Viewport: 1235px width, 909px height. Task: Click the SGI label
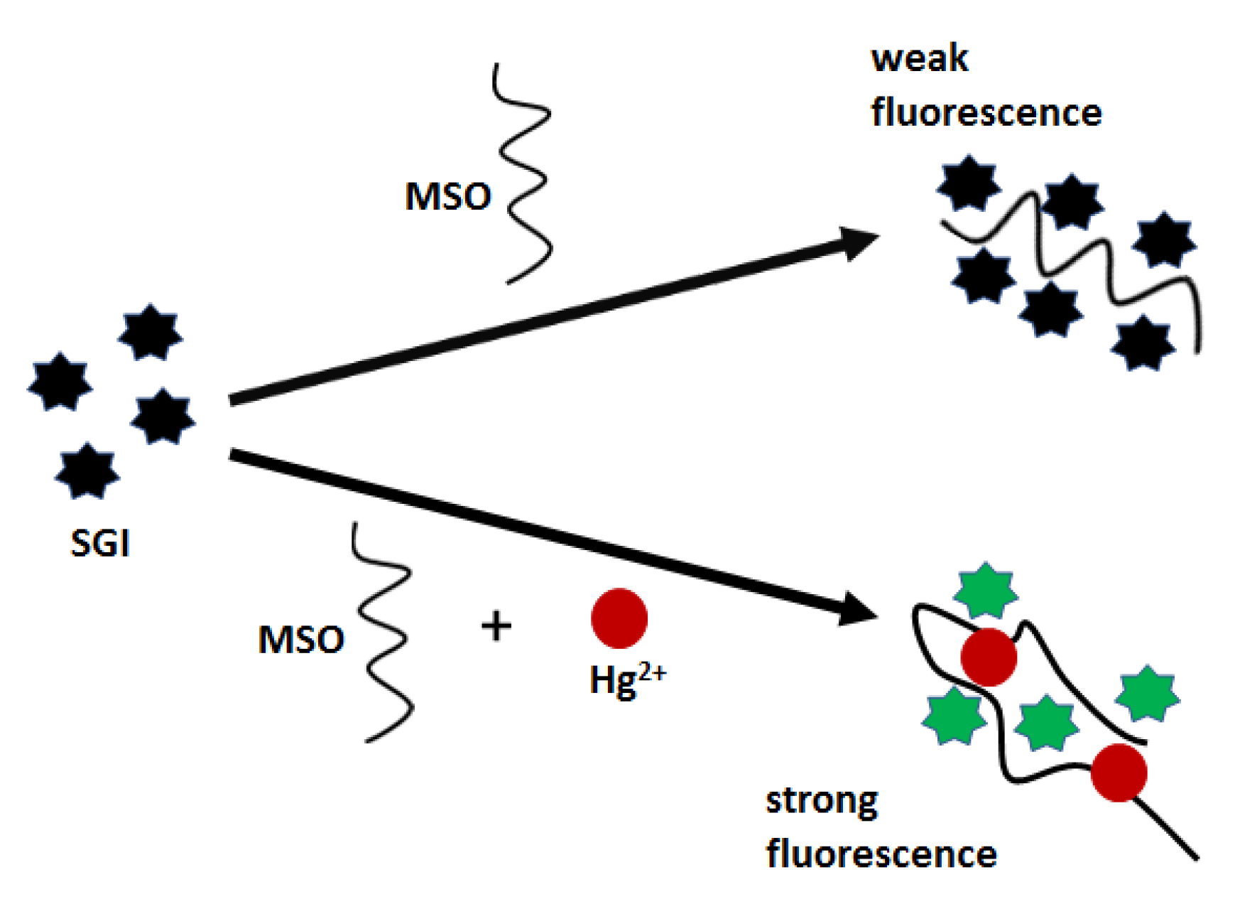(100, 544)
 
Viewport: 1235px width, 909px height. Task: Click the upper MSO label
(447, 196)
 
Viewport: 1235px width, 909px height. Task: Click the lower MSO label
(301, 640)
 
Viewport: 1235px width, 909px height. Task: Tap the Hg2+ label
(627, 679)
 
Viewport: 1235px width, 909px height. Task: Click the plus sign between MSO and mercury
(496, 627)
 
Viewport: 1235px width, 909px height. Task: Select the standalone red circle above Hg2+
(619, 618)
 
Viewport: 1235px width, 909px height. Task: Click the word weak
(919, 58)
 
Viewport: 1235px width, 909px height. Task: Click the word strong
(822, 802)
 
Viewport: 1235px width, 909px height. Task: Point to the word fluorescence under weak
(986, 113)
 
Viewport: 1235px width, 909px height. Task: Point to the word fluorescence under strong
(881, 854)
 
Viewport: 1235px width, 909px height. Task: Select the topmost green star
(986, 591)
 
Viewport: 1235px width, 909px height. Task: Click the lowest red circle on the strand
(1119, 773)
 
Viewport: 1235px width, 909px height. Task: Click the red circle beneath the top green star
(989, 657)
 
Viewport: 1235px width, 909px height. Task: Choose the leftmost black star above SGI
(60, 382)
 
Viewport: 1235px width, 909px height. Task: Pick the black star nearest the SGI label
(87, 470)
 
